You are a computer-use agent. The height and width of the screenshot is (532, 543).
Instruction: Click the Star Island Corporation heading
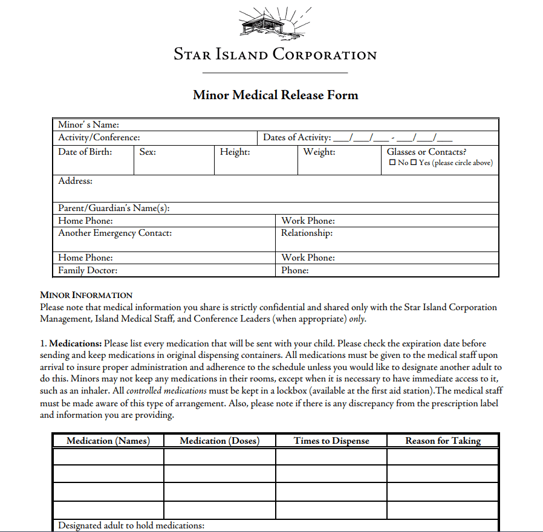pos(275,54)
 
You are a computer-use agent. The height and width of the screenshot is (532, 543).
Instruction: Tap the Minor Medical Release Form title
pos(275,95)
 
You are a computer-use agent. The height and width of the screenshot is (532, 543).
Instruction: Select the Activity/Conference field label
pos(99,137)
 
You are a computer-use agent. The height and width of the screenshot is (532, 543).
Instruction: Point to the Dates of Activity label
pos(297,137)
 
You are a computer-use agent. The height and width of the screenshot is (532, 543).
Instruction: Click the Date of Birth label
pos(85,152)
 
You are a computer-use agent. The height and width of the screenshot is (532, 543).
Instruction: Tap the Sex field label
pos(148,152)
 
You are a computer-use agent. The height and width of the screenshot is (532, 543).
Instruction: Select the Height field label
pos(235,152)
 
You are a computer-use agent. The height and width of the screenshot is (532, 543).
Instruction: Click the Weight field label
pos(319,152)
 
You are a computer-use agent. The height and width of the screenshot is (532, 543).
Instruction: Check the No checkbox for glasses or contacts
pos(392,163)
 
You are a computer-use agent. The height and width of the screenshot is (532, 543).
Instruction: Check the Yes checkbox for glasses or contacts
pos(414,163)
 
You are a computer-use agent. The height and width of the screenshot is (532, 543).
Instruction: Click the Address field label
pos(76,181)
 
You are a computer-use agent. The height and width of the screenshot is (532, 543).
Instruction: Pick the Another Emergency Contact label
pos(115,233)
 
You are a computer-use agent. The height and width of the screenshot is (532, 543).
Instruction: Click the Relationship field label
pos(307,233)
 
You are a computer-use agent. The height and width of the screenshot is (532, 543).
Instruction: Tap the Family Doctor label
pos(88,270)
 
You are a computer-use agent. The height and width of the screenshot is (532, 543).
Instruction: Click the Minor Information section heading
pos(86,295)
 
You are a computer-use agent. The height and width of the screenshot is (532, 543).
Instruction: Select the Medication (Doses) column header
pos(219,441)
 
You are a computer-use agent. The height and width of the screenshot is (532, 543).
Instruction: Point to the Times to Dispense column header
pos(331,441)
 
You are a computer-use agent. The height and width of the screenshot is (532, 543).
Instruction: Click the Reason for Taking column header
pos(443,441)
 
